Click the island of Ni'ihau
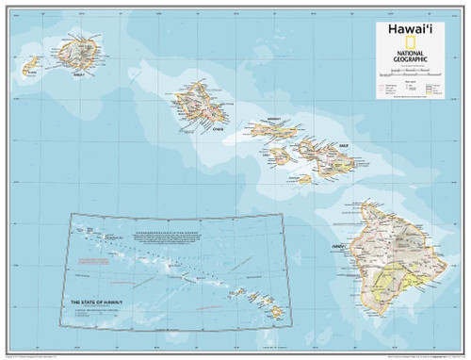pos(30,65)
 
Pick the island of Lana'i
pos(281,153)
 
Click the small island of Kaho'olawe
pos(303,177)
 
